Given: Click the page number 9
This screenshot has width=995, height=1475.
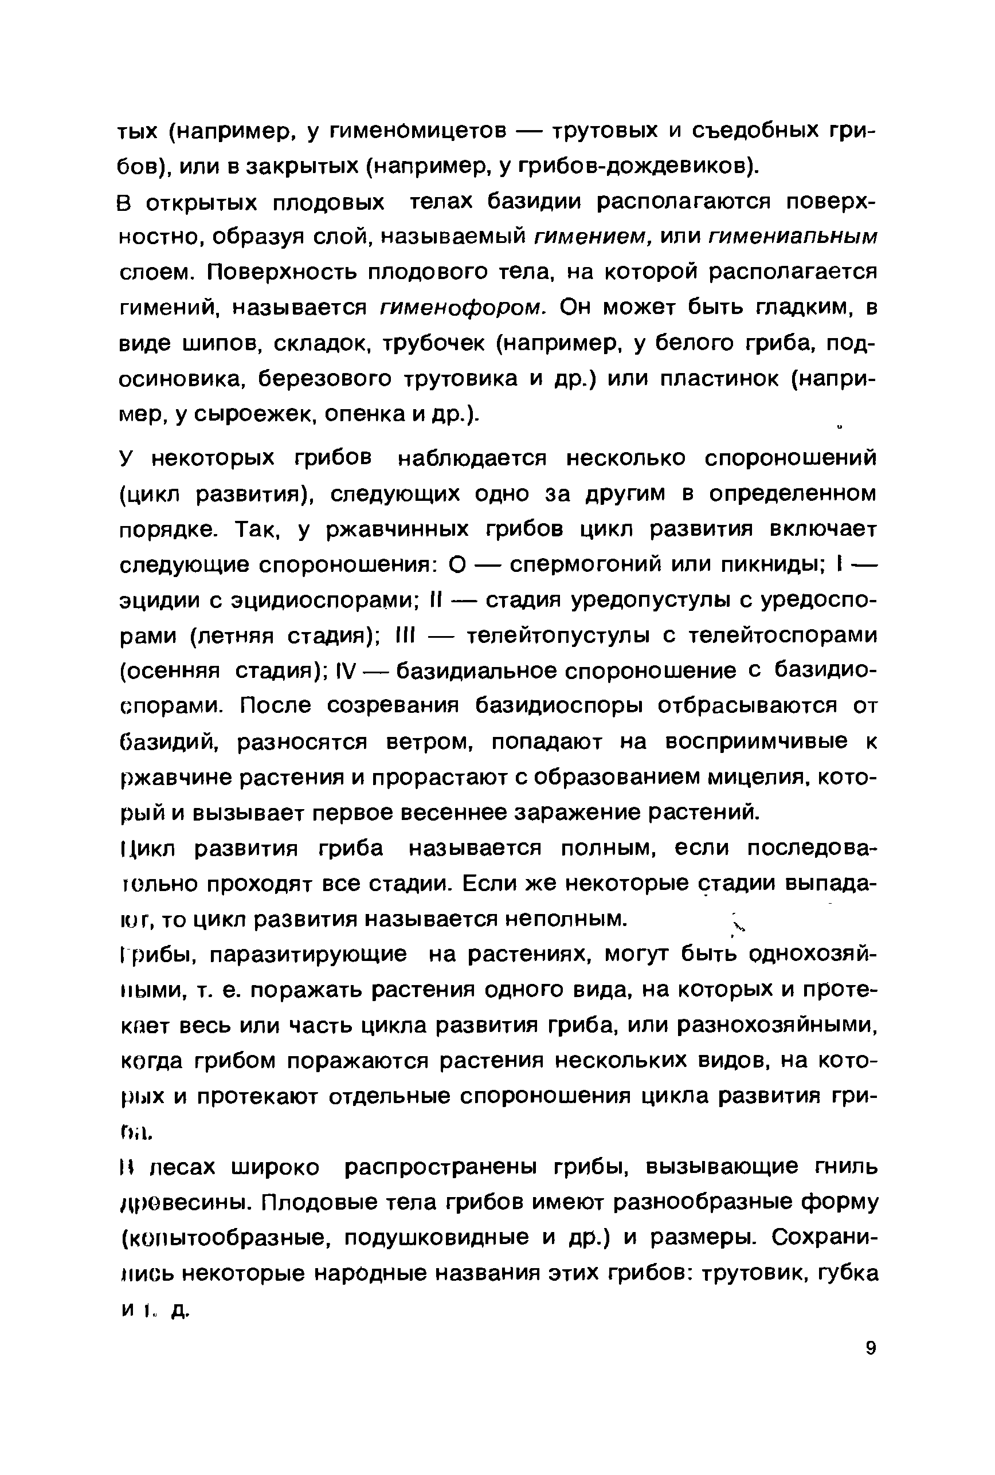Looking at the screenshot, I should click(870, 1364).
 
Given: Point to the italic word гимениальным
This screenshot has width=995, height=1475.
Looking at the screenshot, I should click(793, 237).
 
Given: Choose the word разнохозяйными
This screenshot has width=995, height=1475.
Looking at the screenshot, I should click(778, 1025).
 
